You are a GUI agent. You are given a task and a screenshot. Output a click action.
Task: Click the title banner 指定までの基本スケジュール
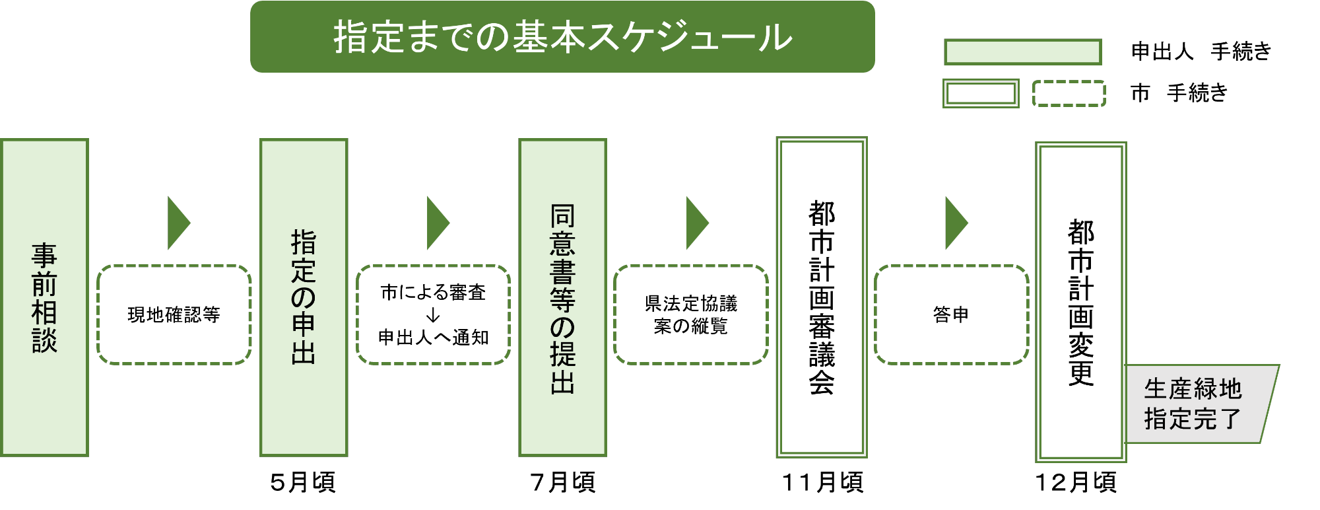click(562, 36)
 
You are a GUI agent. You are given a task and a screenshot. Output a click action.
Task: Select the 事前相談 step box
click(44, 297)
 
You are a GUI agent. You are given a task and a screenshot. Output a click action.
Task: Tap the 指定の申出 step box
click(304, 297)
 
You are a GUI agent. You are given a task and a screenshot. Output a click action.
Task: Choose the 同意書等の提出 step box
click(562, 297)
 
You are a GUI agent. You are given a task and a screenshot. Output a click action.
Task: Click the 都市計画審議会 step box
click(822, 297)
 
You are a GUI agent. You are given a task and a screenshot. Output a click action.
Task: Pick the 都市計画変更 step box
click(1080, 302)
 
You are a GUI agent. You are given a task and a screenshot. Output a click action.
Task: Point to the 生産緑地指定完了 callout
click(1198, 404)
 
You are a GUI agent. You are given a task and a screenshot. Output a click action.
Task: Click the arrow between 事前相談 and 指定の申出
click(178, 223)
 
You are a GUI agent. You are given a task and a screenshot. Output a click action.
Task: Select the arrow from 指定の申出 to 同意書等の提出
click(437, 223)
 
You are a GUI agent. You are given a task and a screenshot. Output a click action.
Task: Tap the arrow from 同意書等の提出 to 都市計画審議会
click(696, 223)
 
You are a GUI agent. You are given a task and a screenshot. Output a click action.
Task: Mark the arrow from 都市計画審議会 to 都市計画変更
click(956, 223)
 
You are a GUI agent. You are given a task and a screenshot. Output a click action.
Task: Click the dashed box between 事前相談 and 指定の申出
click(174, 314)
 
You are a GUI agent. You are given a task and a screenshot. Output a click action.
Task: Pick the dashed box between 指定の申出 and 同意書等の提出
click(434, 314)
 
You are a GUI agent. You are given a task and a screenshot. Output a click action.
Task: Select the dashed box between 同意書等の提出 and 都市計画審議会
click(691, 314)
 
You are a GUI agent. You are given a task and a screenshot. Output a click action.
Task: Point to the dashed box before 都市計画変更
click(952, 314)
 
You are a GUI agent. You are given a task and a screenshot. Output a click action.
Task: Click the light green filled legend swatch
click(1023, 52)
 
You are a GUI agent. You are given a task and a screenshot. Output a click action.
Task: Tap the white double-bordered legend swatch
click(981, 93)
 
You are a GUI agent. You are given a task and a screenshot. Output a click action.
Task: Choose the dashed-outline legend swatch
click(1069, 93)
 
